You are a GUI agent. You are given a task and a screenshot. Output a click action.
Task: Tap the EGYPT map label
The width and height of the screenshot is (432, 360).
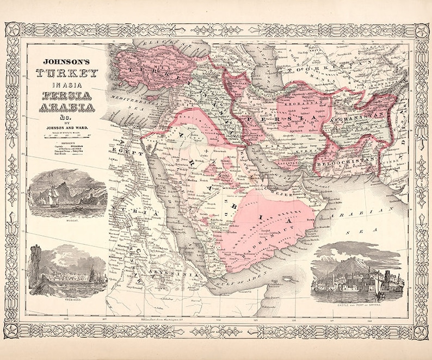128,154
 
